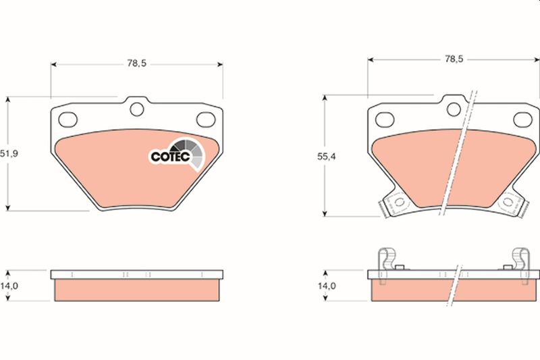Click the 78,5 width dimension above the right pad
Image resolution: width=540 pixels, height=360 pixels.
(x=453, y=59)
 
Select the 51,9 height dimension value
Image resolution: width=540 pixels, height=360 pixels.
(x=9, y=154)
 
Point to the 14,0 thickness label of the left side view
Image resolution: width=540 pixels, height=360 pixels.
(x=9, y=286)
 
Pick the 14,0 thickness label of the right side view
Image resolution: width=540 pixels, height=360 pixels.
(x=327, y=286)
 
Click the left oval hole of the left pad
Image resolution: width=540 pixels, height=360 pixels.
(x=68, y=120)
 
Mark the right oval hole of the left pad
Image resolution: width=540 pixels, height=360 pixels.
(x=205, y=120)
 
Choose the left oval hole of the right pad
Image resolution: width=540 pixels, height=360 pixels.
(x=385, y=120)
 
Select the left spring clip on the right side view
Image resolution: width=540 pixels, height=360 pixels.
(x=385, y=261)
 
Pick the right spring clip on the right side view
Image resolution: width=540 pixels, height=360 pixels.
(x=520, y=261)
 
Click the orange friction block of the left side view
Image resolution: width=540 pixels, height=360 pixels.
(x=137, y=290)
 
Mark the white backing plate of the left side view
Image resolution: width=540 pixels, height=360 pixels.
(x=137, y=275)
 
